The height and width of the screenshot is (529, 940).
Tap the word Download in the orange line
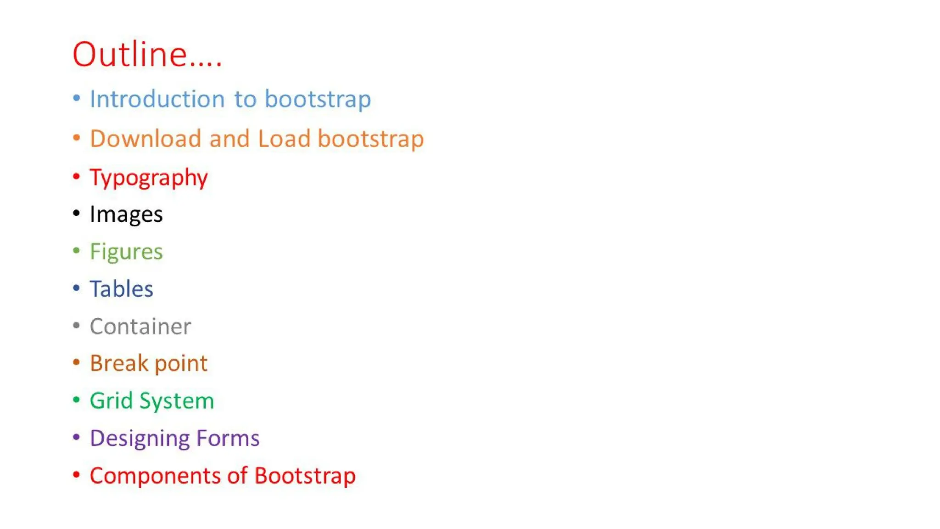coord(145,139)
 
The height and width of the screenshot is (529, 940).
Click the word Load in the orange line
coord(284,139)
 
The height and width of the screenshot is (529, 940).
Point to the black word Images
coord(126,214)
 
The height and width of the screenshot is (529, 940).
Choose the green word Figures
coord(126,252)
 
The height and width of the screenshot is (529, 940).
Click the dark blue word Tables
coord(121,289)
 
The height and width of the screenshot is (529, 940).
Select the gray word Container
coord(140,326)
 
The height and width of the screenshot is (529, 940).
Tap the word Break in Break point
coord(119,363)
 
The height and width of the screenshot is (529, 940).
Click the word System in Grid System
coord(177,401)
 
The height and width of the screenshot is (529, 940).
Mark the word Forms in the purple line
coord(228,438)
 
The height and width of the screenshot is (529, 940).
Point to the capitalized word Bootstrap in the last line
coord(305,476)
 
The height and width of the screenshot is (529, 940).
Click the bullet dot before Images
coord(77,213)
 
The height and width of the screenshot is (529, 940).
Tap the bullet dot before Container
coord(77,326)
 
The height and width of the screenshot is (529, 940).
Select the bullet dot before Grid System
coord(77,400)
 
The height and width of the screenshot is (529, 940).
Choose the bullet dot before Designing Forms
coord(77,437)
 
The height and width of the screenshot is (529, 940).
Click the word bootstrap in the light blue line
coord(318,99)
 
